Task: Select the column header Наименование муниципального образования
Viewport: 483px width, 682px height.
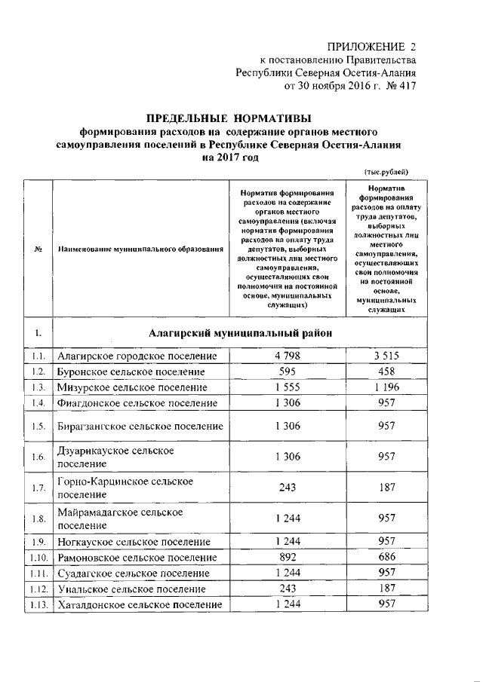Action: [141, 249]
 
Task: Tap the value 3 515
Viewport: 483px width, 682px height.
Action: [388, 356]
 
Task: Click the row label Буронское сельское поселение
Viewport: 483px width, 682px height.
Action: [131, 372]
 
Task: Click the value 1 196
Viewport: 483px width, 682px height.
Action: [388, 387]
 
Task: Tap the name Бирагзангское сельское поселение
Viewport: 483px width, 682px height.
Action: [140, 427]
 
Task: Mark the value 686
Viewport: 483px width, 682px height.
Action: [388, 558]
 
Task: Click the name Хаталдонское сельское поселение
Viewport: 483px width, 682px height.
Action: [140, 604]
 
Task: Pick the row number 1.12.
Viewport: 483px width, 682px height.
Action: [39, 589]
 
